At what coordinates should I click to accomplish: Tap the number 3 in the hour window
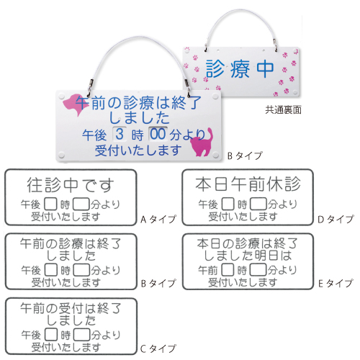coord(120,134)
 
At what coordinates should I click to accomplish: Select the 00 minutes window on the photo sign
coord(158,134)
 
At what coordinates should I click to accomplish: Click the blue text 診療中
coord(240,69)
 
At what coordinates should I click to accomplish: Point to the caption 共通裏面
coord(283,110)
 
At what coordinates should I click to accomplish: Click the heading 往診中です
coord(71,185)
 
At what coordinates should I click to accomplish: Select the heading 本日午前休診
coord(248,184)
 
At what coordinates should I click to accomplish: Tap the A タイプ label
coord(158,219)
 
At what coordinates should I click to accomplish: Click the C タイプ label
coord(158,348)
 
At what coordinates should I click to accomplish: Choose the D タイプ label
coord(336,219)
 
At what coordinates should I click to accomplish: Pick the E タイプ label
coord(336,284)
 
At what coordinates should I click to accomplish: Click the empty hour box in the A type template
coord(51,204)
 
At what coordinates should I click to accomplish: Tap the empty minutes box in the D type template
coord(258,204)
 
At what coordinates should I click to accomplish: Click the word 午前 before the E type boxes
coord(207,270)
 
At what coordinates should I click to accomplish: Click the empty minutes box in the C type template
coord(81,335)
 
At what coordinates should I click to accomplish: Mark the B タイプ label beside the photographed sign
coord(245,156)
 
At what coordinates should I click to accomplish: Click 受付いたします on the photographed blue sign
coord(138,150)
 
